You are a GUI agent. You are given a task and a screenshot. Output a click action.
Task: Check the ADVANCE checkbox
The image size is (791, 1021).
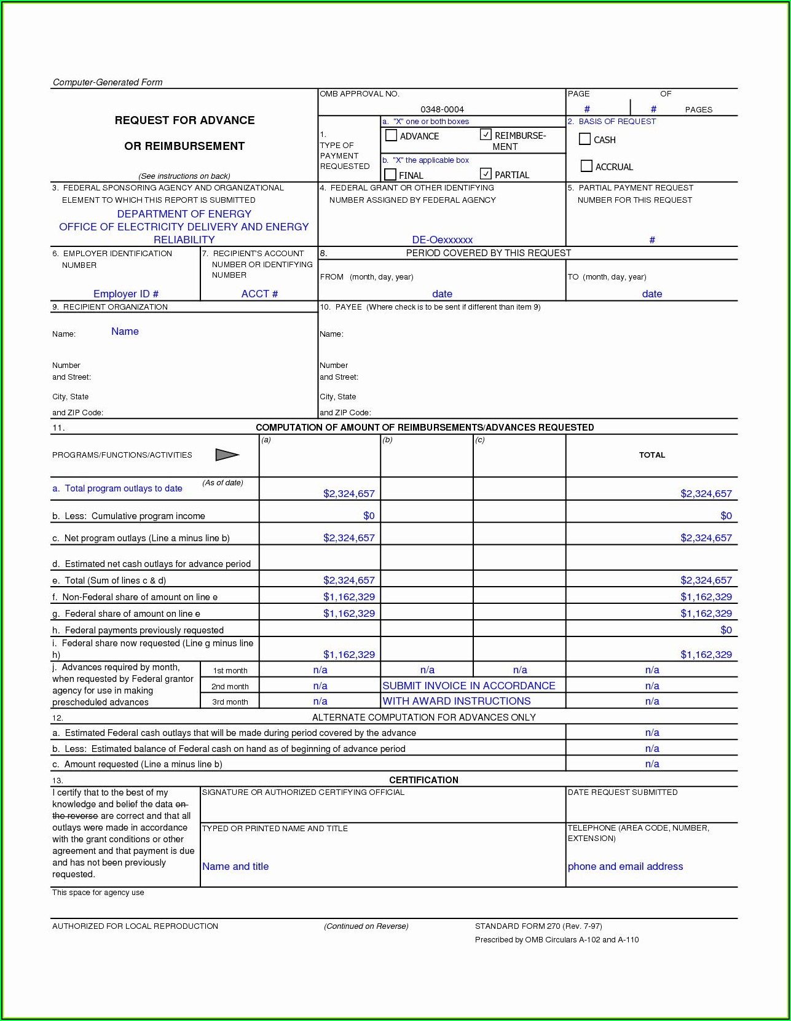pos(391,135)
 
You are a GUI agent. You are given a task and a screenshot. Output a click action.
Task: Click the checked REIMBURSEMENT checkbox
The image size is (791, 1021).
pos(486,135)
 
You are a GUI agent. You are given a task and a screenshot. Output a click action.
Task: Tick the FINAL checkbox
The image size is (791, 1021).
pos(390,174)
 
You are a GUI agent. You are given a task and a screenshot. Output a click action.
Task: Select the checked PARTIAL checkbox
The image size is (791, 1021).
pos(486,174)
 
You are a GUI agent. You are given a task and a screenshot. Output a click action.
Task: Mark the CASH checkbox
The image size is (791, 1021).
pos(584,139)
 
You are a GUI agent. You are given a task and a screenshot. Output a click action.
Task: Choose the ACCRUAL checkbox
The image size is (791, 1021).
pos(586,166)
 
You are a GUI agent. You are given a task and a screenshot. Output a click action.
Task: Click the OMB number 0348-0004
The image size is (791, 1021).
pos(442,109)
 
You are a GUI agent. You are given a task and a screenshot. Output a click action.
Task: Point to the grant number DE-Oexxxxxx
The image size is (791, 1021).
pos(442,240)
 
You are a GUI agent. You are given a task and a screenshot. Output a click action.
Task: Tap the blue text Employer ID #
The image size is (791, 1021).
pos(126,294)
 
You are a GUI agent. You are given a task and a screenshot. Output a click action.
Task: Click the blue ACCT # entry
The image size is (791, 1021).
pos(259,294)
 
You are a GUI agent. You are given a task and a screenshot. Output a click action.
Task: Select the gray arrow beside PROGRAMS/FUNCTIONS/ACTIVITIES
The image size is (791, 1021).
pos(227,455)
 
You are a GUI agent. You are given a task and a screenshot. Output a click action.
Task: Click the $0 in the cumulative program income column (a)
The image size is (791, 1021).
pos(368,515)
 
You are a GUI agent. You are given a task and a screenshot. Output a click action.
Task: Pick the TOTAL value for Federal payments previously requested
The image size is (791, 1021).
pos(726,630)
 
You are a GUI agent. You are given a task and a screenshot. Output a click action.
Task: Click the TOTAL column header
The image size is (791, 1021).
pos(651,455)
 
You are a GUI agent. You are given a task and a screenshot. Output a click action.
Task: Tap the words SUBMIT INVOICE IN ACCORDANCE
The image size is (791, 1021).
pos(468,686)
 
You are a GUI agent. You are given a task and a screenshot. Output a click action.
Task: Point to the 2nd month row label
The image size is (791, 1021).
pos(230,686)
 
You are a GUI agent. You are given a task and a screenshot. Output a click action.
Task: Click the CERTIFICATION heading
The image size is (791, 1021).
pos(423,780)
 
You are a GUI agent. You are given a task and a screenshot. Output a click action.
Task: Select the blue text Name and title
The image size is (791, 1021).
pos(235,866)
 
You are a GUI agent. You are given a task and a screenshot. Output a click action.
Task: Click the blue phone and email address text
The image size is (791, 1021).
pos(625,866)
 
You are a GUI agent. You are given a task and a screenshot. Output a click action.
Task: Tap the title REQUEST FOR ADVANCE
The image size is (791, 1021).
pos(184,120)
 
